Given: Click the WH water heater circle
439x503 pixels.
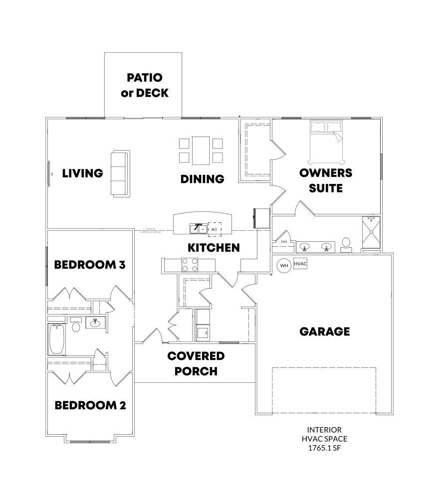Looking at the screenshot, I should coord(284,265).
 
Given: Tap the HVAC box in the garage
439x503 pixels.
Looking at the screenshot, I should coord(300,263).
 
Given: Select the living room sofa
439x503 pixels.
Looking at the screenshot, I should coord(120,173).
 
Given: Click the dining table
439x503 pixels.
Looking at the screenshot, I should coord(201,151).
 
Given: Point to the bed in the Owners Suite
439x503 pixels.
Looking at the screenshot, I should coord(326,142).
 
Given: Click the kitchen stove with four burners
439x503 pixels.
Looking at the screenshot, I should coord(190,265).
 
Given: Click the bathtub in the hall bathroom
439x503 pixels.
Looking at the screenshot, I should coord(56,339).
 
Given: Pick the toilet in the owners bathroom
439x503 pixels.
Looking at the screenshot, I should coord(346,244).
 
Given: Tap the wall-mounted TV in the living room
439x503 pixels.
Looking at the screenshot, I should coord(49,173).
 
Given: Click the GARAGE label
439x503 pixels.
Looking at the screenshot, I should coord(324,332).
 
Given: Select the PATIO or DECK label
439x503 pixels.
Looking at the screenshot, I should coord(144,85).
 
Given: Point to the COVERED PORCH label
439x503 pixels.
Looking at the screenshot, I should coord(196,363).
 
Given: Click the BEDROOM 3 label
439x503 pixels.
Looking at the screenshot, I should coord(89,264).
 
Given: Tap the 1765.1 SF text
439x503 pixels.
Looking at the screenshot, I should coord(324,448).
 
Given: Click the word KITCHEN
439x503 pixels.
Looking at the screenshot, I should coord(214,247).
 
